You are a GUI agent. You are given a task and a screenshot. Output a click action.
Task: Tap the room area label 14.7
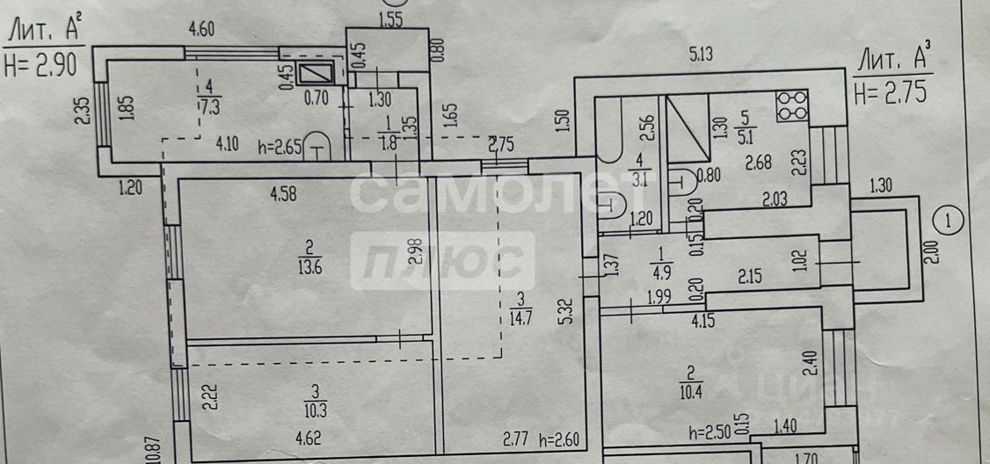coord(520,318)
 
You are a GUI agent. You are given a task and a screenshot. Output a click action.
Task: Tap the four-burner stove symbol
coord(791,107)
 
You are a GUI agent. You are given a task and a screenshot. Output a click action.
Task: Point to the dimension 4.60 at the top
coord(202,30)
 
